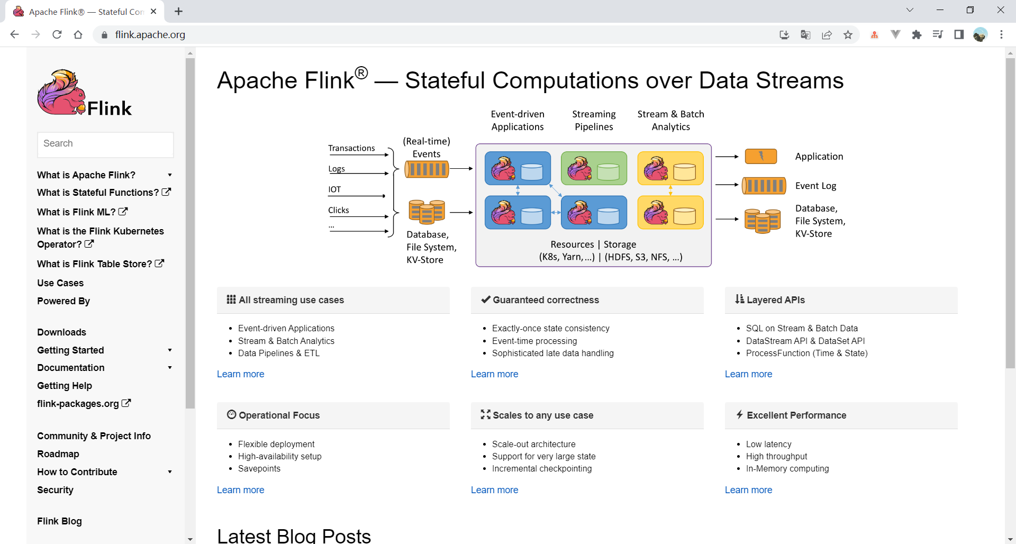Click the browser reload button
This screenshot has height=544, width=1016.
57,34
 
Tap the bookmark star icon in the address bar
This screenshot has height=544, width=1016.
848,35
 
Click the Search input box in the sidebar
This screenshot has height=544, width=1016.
105,144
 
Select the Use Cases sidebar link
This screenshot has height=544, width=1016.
60,283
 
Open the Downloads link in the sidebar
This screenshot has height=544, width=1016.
61,332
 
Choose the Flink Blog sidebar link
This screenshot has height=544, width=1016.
59,521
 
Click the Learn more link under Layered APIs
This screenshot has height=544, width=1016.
748,374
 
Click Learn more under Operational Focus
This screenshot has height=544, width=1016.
240,490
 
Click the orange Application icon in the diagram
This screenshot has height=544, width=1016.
760,156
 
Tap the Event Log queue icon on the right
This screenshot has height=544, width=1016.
763,186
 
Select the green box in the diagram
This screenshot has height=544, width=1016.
594,168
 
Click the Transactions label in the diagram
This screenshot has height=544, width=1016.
351,148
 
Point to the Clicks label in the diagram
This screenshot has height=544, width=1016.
339,210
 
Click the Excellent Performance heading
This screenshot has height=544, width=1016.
796,415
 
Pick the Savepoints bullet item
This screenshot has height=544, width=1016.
259,469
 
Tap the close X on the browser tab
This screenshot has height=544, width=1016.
153,11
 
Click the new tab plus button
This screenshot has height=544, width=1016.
179,11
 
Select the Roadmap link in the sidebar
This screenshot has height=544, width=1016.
58,454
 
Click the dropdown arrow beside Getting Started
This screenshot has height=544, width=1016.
170,350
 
